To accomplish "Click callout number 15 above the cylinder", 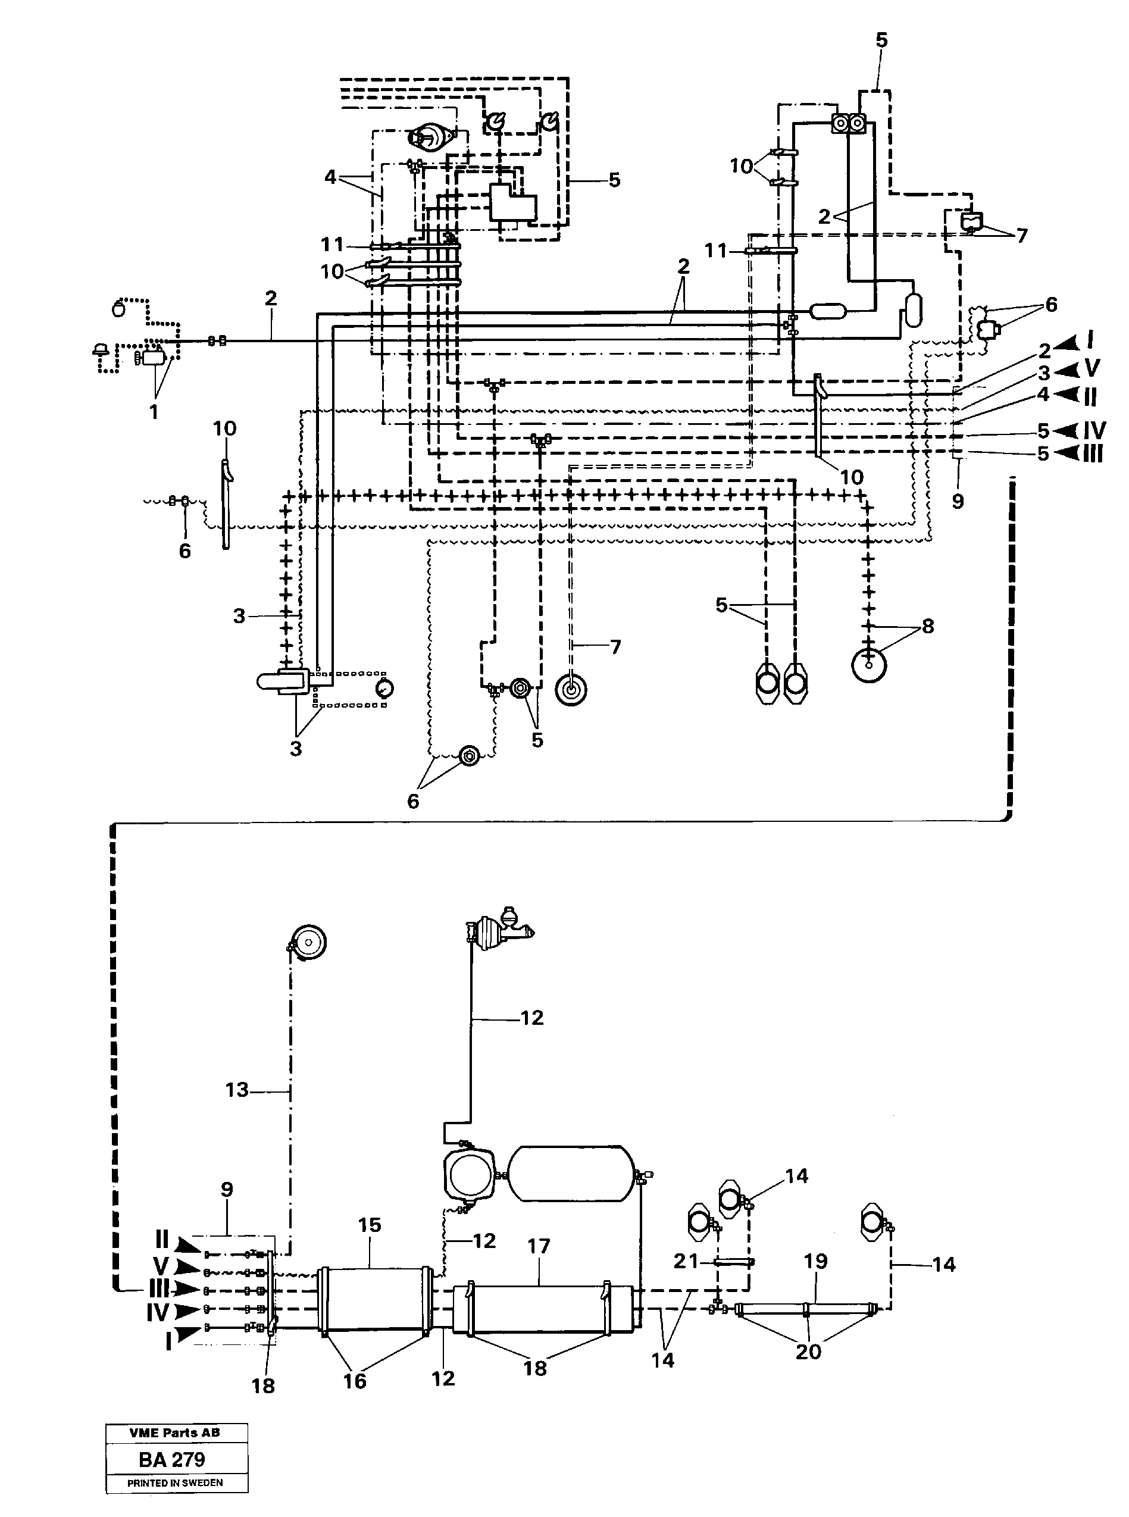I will pyautogui.click(x=370, y=1225).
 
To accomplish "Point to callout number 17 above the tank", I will pyautogui.click(x=539, y=1246).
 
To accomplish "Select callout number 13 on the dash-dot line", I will pyautogui.click(x=236, y=1090).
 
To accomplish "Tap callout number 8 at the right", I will pyautogui.click(x=927, y=626).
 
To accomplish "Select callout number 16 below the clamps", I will pyautogui.click(x=355, y=1381).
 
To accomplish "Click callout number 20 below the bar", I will pyautogui.click(x=808, y=1351).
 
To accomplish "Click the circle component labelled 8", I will pyautogui.click(x=868, y=664).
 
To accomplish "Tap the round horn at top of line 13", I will pyautogui.click(x=308, y=943).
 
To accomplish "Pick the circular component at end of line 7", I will pyautogui.click(x=571, y=690).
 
